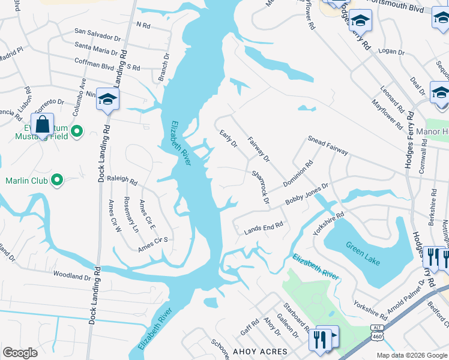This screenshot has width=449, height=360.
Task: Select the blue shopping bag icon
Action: [42, 126]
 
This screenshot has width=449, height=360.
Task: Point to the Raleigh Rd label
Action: [122, 181]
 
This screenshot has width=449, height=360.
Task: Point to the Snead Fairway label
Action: [328, 145]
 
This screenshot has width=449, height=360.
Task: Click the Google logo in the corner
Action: [20, 353]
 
